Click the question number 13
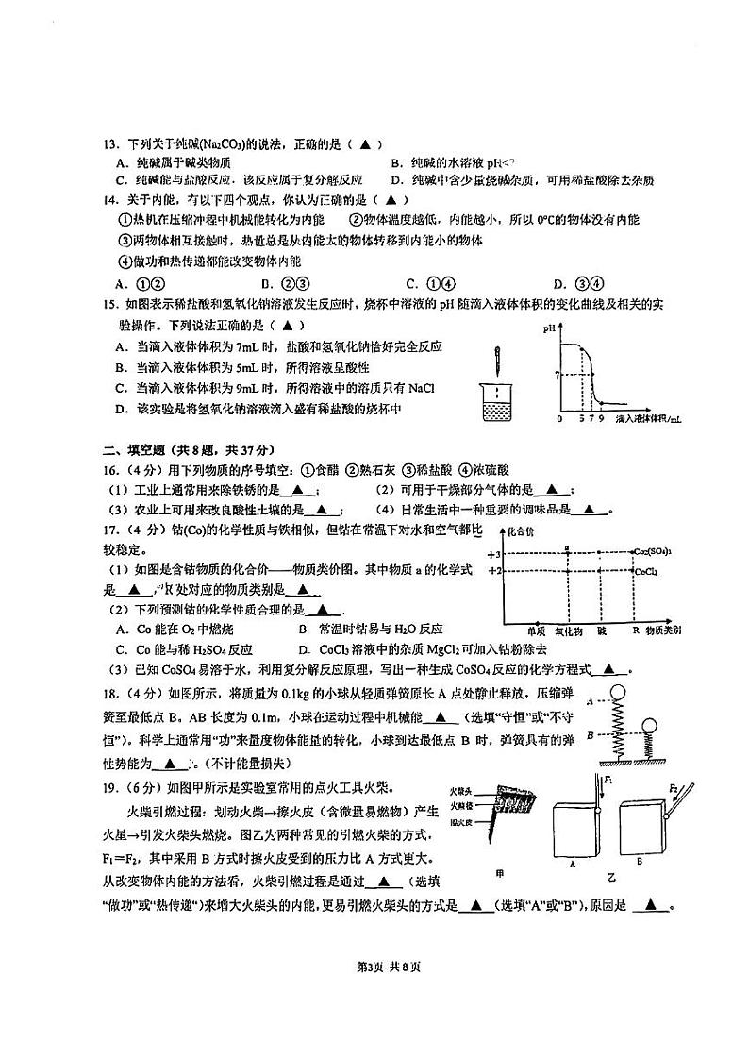[x=108, y=144]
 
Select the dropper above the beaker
[x=494, y=363]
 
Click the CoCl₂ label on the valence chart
[x=647, y=571]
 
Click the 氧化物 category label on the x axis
[x=568, y=629]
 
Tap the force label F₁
[x=608, y=780]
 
